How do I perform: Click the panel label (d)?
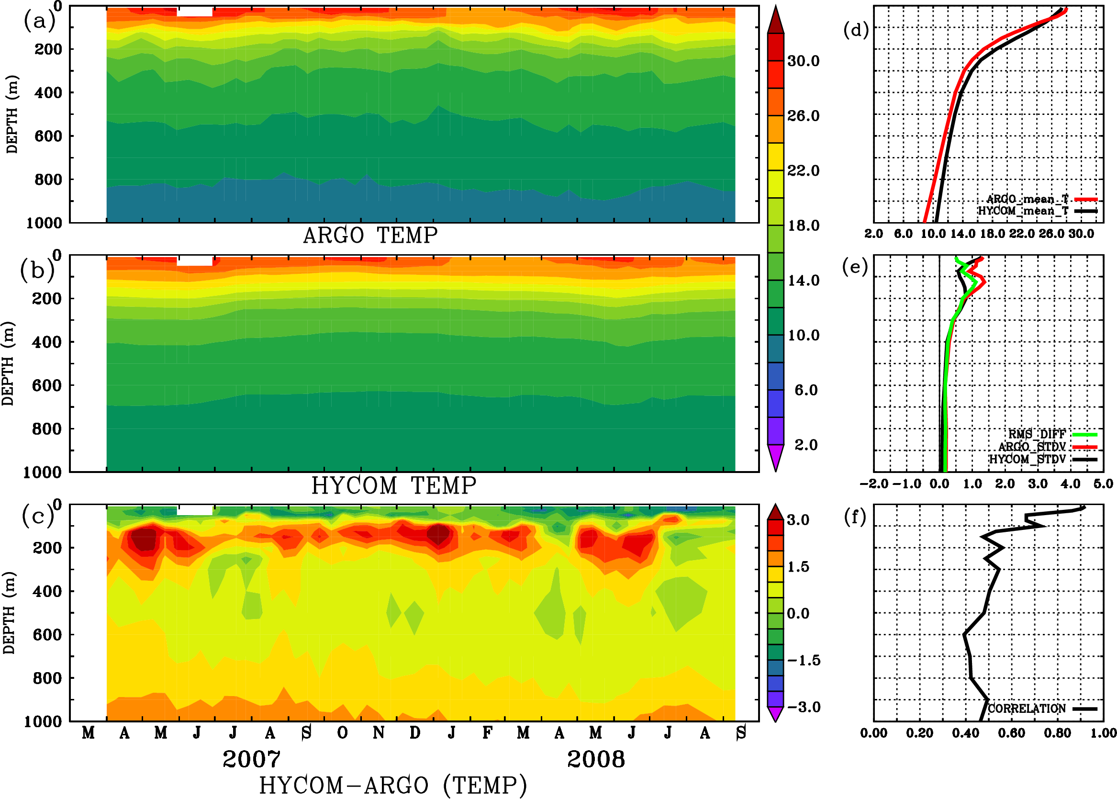click(x=856, y=30)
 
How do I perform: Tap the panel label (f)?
click(x=855, y=517)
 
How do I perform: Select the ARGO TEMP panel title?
click(x=370, y=236)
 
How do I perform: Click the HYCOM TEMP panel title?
click(x=393, y=485)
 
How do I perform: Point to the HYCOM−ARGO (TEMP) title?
click(x=392, y=785)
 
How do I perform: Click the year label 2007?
click(x=251, y=759)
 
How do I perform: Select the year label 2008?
click(x=596, y=759)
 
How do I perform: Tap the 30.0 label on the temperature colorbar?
click(x=803, y=61)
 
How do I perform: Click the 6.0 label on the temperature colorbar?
click(x=805, y=390)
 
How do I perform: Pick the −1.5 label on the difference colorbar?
click(x=804, y=660)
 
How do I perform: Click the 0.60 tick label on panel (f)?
click(x=1011, y=733)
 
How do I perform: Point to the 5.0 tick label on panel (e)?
click(x=1103, y=484)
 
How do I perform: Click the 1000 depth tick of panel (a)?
click(x=44, y=223)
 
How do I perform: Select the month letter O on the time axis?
click(x=342, y=733)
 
